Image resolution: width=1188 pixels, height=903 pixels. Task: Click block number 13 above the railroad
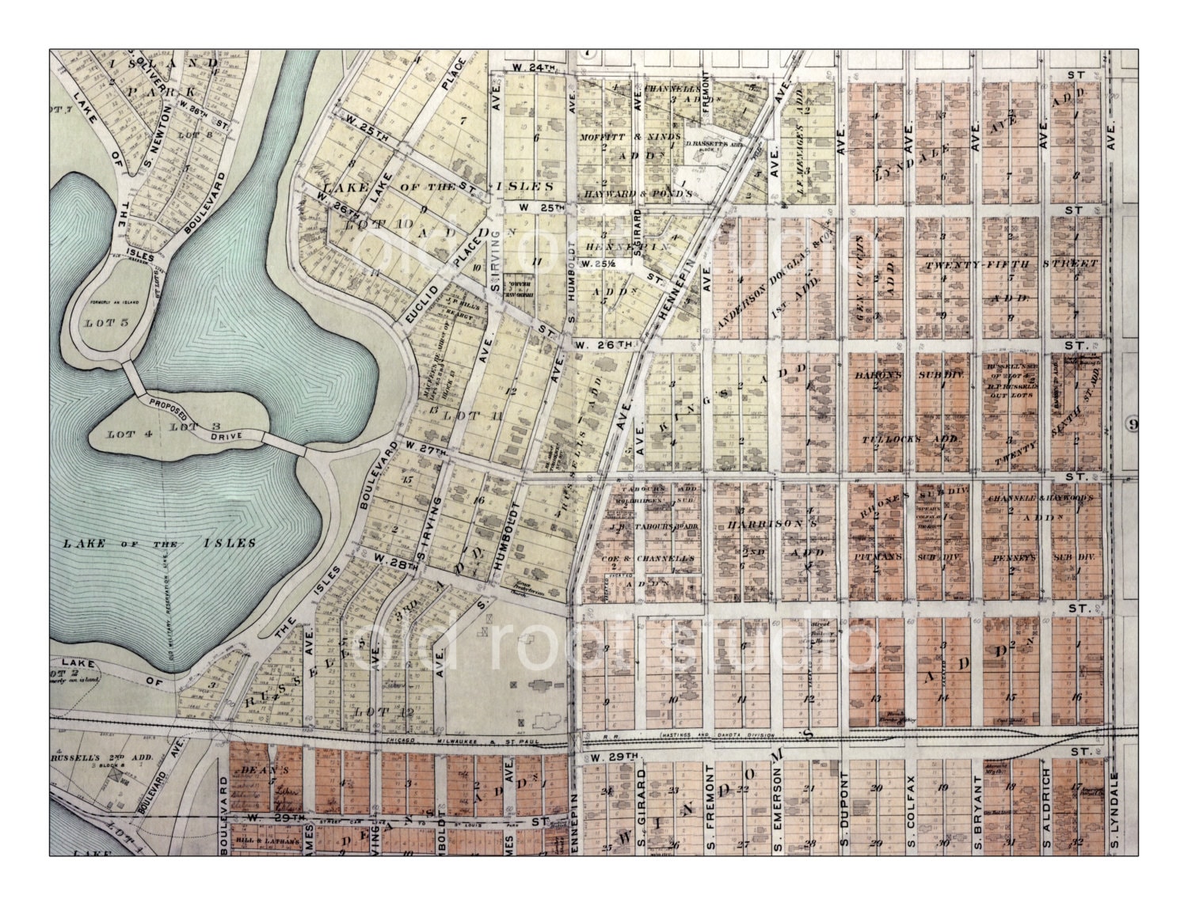pos(875,698)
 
